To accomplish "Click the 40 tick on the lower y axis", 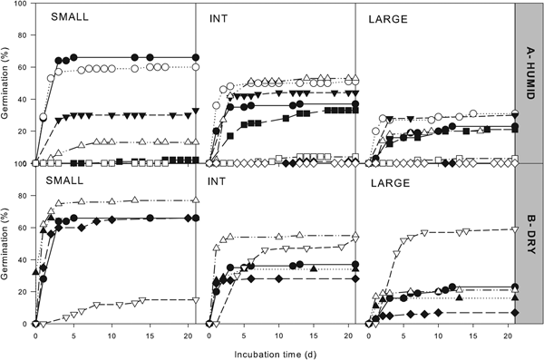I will pos(18,259).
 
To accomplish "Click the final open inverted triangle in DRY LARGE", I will pos(515,229).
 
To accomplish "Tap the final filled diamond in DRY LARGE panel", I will pos(515,313).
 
